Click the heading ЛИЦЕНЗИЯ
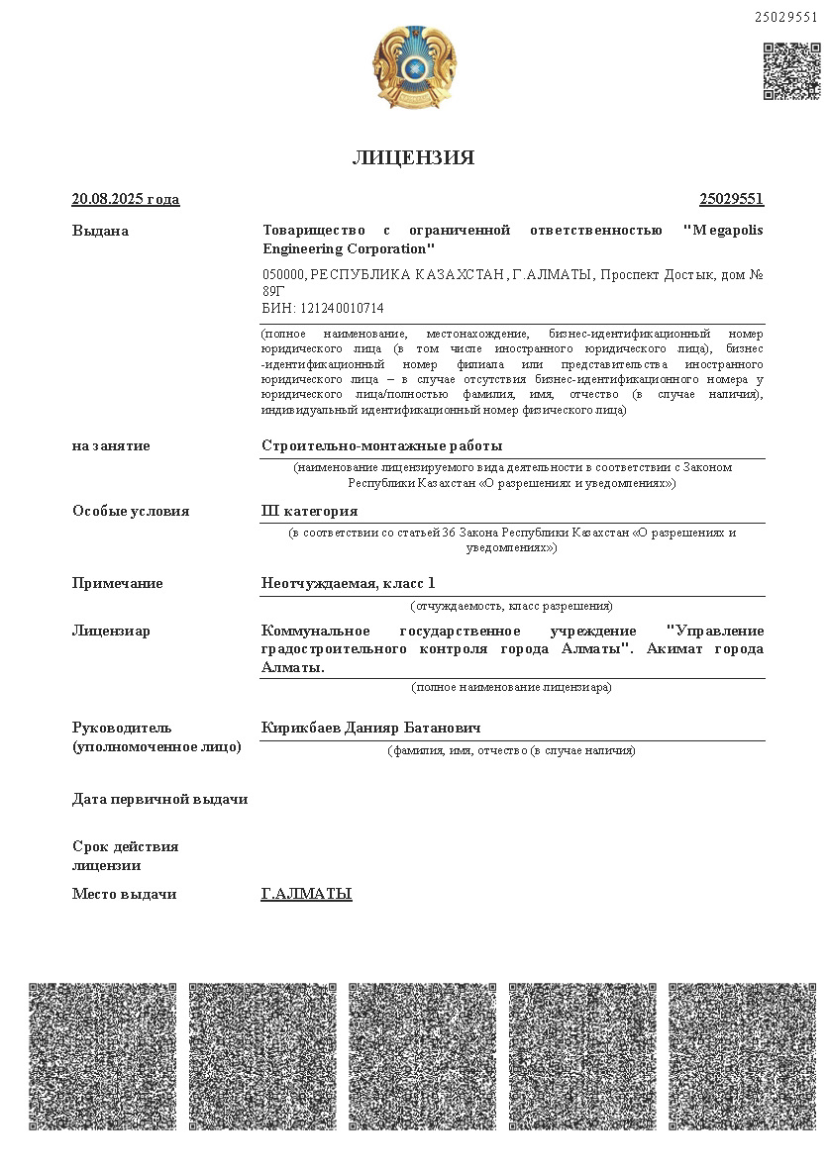(413, 158)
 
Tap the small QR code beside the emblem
(791, 71)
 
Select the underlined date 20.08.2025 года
(126, 199)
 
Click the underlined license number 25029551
(731, 199)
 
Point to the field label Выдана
(100, 231)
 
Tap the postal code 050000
(283, 274)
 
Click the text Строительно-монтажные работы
(381, 445)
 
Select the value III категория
(309, 511)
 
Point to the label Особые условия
(131, 511)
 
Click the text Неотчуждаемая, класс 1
(348, 583)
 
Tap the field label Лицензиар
(111, 631)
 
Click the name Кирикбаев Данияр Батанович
(371, 728)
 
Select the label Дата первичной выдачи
(159, 799)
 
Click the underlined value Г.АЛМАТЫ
(306, 894)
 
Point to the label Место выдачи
(124, 894)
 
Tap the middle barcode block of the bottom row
(422, 1056)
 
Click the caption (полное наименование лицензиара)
(511, 687)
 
